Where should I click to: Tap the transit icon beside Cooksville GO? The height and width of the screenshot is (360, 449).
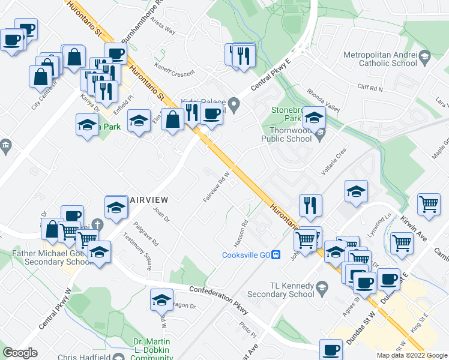(x=276, y=254)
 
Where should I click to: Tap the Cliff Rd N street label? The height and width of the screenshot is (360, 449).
(x=370, y=88)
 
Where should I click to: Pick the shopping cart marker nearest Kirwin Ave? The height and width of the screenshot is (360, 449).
(x=429, y=205)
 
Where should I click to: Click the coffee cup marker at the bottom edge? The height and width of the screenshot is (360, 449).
(x=330, y=349)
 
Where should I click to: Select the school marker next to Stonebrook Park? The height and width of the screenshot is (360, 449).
(x=314, y=117)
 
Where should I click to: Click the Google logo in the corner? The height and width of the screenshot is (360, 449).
(x=20, y=353)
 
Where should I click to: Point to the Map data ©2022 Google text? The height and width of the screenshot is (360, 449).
(x=411, y=355)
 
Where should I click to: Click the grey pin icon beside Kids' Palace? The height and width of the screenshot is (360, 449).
(x=234, y=108)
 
